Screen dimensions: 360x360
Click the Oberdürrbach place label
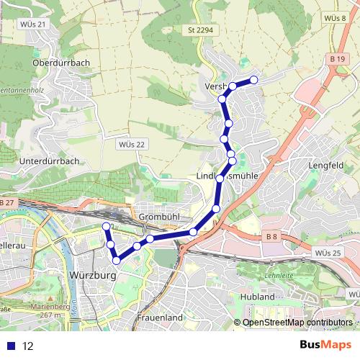coord(61,63)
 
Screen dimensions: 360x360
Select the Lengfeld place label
coord(324,165)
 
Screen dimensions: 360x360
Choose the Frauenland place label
coord(160,317)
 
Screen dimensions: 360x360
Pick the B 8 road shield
coord(271,237)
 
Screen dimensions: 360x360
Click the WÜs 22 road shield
coord(130,144)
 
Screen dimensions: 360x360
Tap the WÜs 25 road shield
coord(328,253)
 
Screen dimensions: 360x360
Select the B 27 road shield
coord(7,204)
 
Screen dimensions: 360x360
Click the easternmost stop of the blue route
coord(253,80)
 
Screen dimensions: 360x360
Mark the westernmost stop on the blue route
coord(107,227)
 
